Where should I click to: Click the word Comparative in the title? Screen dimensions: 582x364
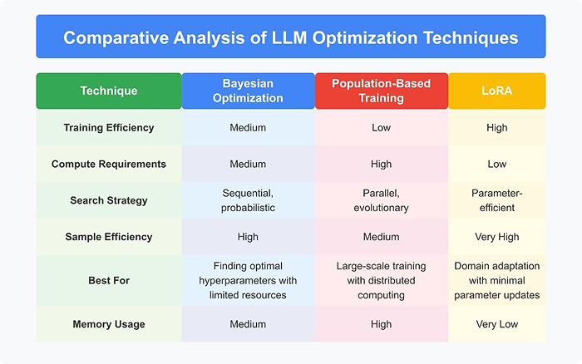pyautogui.click(x=116, y=38)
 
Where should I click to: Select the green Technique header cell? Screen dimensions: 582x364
pyautogui.click(x=109, y=91)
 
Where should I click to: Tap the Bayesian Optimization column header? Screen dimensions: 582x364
pyautogui.click(x=248, y=91)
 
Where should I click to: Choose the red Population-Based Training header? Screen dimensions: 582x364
pyautogui.click(x=381, y=91)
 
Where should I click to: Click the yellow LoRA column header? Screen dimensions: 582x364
pyautogui.click(x=497, y=91)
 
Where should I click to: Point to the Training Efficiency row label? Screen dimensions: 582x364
pyautogui.click(x=109, y=128)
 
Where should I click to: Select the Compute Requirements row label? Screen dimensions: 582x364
pyautogui.click(x=109, y=164)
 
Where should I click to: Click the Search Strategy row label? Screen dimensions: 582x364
pyautogui.click(x=109, y=200)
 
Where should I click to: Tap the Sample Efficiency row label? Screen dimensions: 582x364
pyautogui.click(x=109, y=237)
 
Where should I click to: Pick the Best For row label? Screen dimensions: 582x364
pyautogui.click(x=109, y=281)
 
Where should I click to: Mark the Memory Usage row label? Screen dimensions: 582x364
pyautogui.click(x=109, y=324)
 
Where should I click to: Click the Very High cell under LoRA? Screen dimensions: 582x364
pyautogui.click(x=497, y=237)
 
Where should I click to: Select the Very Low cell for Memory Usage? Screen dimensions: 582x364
pyautogui.click(x=497, y=324)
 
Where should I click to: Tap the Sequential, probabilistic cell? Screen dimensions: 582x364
pyautogui.click(x=248, y=200)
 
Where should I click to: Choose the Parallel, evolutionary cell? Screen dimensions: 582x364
pyautogui.click(x=381, y=200)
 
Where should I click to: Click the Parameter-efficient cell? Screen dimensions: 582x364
pyautogui.click(x=497, y=200)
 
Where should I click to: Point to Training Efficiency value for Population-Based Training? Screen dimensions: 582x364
pyautogui.click(x=381, y=128)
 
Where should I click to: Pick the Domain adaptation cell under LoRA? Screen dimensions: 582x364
pyautogui.click(x=497, y=281)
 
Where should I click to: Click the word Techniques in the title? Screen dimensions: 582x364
pyautogui.click(x=471, y=38)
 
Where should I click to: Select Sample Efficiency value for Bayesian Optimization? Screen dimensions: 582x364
pyautogui.click(x=248, y=237)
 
